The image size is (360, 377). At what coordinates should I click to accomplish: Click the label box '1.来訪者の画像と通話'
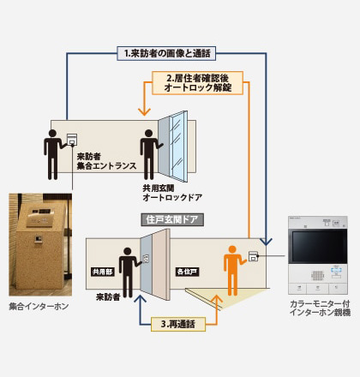coord(166,53)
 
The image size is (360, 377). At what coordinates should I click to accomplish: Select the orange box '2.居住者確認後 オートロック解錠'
coord(197,83)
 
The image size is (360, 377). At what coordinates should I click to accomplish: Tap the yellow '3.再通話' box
coord(178,324)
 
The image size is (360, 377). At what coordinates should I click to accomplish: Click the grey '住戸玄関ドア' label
coord(172,219)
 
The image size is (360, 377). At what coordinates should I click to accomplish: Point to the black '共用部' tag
coord(103,272)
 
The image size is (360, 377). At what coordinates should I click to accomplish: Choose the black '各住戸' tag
coord(188,272)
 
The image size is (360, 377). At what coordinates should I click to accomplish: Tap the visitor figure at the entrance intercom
coord(54,154)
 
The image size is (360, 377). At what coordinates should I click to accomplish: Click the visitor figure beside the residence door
coord(129,272)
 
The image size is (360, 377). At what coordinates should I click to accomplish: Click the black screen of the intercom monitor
coord(318,246)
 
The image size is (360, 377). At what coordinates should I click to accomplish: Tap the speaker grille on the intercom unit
coord(317,275)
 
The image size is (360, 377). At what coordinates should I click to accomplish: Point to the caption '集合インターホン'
coord(39,307)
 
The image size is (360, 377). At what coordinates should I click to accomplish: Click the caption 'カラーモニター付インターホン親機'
coord(320,308)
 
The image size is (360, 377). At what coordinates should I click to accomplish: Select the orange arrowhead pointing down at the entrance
coord(144,111)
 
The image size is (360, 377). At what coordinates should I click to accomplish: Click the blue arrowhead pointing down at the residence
coord(266,242)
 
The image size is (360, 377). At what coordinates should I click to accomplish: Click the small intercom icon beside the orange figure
coord(253,256)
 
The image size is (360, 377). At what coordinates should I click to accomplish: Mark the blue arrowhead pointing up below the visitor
coord(140,299)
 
